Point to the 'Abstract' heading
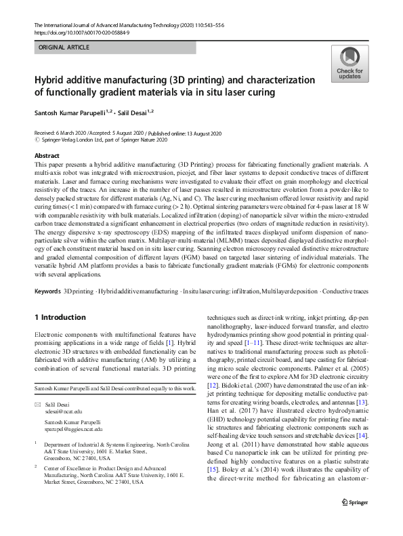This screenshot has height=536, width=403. (x=47, y=156)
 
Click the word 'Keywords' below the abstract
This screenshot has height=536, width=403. (x=47, y=291)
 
